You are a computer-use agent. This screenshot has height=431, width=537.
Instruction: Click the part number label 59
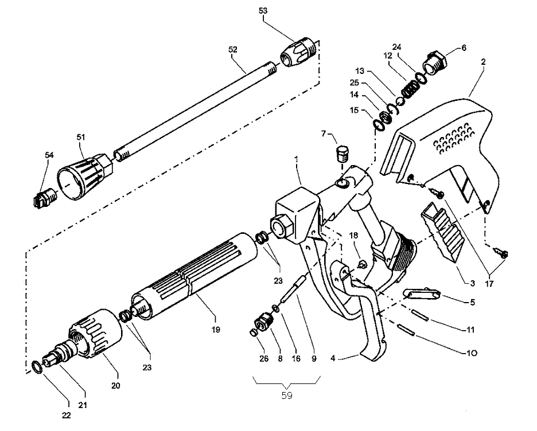(x=286, y=395)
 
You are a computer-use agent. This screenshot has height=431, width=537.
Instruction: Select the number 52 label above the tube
(x=233, y=50)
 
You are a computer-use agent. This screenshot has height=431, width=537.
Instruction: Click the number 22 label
(x=67, y=416)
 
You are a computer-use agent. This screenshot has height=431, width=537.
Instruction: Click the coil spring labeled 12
(x=408, y=87)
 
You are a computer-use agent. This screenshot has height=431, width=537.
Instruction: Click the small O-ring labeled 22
(x=36, y=366)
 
